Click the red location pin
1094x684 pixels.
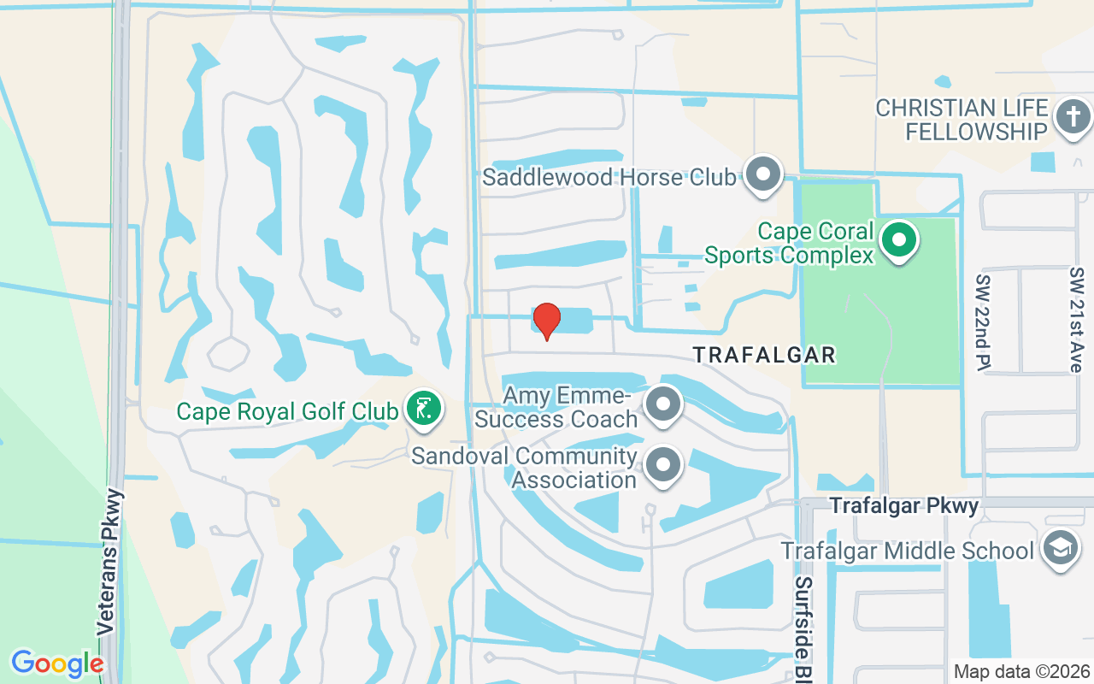coord(546,321)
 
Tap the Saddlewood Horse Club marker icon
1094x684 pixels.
coord(763,175)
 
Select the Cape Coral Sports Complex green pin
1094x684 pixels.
coord(898,239)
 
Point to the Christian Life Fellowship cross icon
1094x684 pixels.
coord(1073,117)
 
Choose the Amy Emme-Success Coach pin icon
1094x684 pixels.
coord(662,405)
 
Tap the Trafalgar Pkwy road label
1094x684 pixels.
coord(904,506)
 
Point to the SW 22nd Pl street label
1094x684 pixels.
coord(983,321)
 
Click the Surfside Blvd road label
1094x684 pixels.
coord(803,628)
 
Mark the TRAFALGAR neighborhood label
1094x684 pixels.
coord(763,354)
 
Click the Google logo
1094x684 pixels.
coord(56,663)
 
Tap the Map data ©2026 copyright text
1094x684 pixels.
coord(1021,671)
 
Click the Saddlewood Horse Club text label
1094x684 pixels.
coord(609,177)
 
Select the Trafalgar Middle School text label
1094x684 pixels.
coord(908,550)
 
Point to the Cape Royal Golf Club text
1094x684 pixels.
coord(287,411)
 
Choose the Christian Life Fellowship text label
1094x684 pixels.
coord(962,120)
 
